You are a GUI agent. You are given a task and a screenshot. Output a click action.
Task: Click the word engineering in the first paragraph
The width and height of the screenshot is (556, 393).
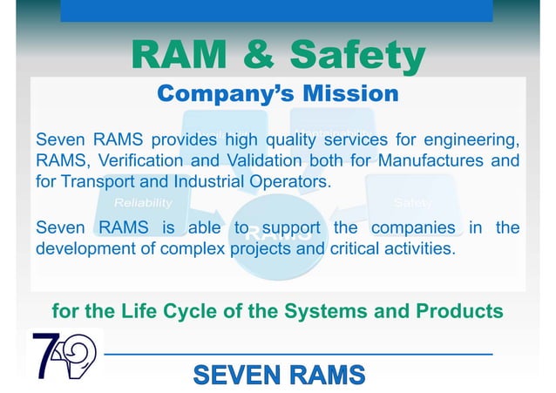click(x=471, y=139)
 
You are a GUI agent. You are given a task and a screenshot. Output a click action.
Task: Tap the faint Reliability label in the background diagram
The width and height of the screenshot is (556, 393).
click(x=143, y=203)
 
